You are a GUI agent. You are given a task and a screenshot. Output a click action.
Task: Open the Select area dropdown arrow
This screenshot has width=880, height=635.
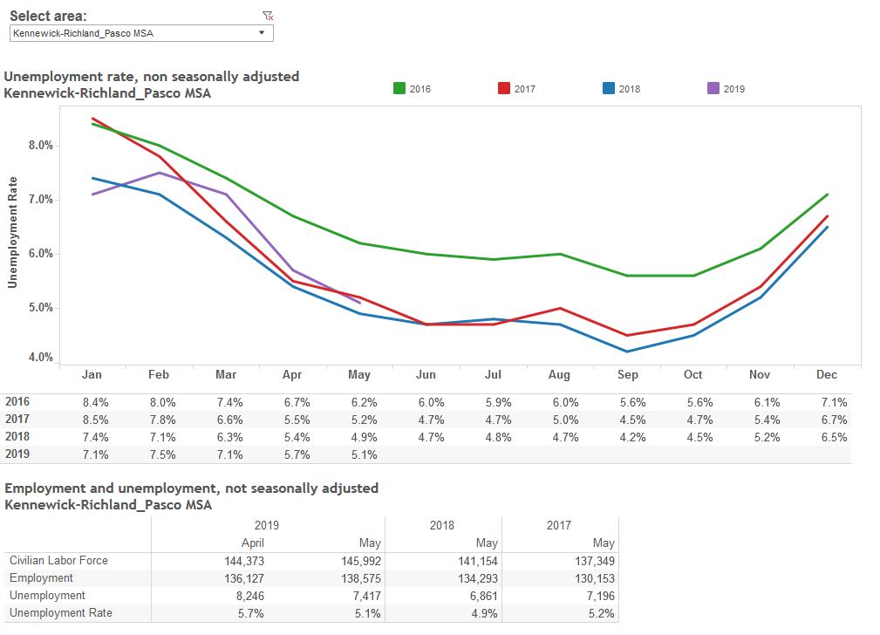click(x=262, y=33)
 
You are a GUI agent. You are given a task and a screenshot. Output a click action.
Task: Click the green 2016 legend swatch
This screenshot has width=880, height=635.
click(x=399, y=88)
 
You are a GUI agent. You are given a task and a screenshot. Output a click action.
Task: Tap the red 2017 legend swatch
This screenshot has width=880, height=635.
click(x=504, y=88)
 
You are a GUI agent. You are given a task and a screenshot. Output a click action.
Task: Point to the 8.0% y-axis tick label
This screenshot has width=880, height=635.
click(x=40, y=146)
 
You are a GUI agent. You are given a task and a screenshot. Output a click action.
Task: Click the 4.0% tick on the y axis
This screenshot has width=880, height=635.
click(x=40, y=358)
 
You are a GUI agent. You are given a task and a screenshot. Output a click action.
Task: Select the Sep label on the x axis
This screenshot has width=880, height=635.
click(x=627, y=375)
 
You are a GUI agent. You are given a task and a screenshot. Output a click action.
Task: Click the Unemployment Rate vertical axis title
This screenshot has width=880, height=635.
click(x=13, y=232)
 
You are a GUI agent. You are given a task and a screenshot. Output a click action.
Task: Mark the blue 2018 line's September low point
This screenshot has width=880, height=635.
click(x=627, y=352)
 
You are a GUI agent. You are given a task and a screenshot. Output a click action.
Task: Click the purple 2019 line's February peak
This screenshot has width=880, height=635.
click(x=159, y=173)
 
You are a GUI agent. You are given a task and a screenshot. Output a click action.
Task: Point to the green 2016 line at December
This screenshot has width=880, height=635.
click(x=827, y=195)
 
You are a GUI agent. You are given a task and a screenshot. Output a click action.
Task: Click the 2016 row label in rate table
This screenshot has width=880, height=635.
click(x=17, y=402)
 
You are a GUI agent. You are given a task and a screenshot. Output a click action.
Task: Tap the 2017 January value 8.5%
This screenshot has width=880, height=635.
click(x=92, y=420)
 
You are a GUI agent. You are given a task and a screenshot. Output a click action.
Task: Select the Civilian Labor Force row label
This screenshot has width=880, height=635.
click(x=58, y=561)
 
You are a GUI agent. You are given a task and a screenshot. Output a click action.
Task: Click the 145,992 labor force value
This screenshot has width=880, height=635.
click(x=360, y=561)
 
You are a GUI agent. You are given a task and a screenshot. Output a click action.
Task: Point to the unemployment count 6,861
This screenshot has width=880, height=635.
click(x=479, y=596)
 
